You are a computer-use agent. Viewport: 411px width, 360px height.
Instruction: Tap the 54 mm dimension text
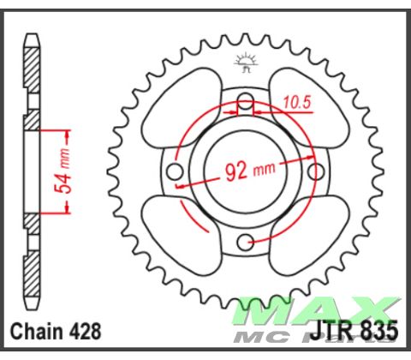tap(74, 169)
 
